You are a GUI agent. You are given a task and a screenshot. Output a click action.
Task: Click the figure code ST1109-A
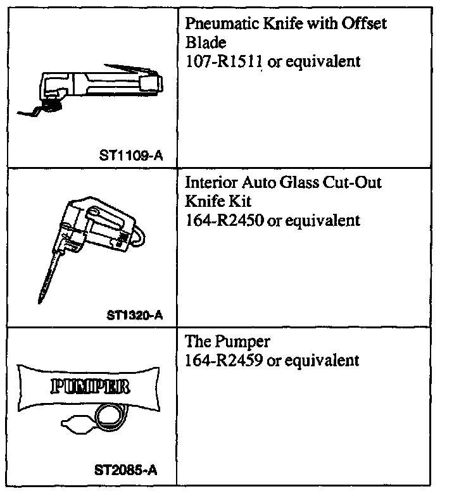(131, 155)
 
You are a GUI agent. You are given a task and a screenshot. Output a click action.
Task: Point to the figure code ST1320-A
(131, 314)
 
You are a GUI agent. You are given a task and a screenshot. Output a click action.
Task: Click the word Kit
(241, 201)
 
